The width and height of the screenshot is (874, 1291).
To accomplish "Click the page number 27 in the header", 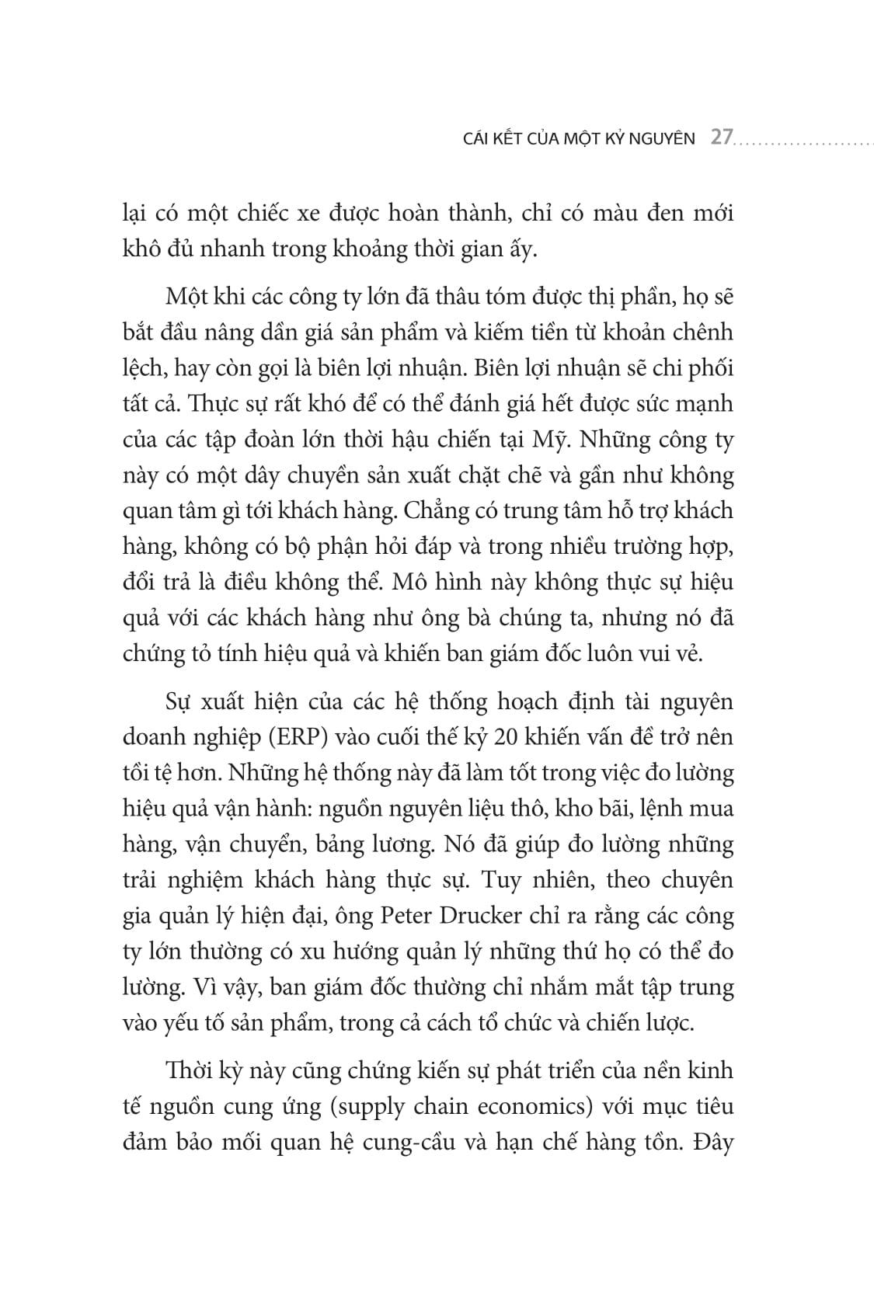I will pyautogui.click(x=722, y=138).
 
